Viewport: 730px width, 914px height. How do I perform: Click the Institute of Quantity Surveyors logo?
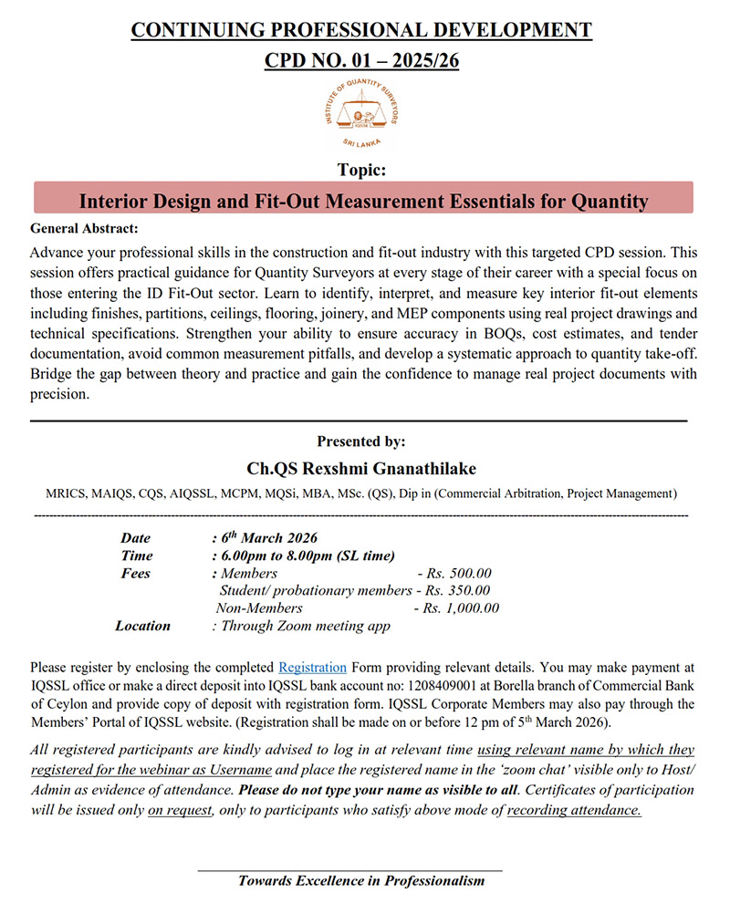click(361, 114)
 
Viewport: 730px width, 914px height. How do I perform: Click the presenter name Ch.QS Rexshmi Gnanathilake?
click(361, 468)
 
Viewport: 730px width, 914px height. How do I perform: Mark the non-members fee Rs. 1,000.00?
click(456, 608)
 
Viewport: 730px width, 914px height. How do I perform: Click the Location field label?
click(142, 626)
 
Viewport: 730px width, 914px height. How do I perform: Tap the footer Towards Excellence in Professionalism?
click(361, 881)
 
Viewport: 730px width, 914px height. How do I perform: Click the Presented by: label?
click(361, 441)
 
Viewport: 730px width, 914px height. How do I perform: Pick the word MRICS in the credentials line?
click(66, 493)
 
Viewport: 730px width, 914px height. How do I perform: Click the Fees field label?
click(136, 574)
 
